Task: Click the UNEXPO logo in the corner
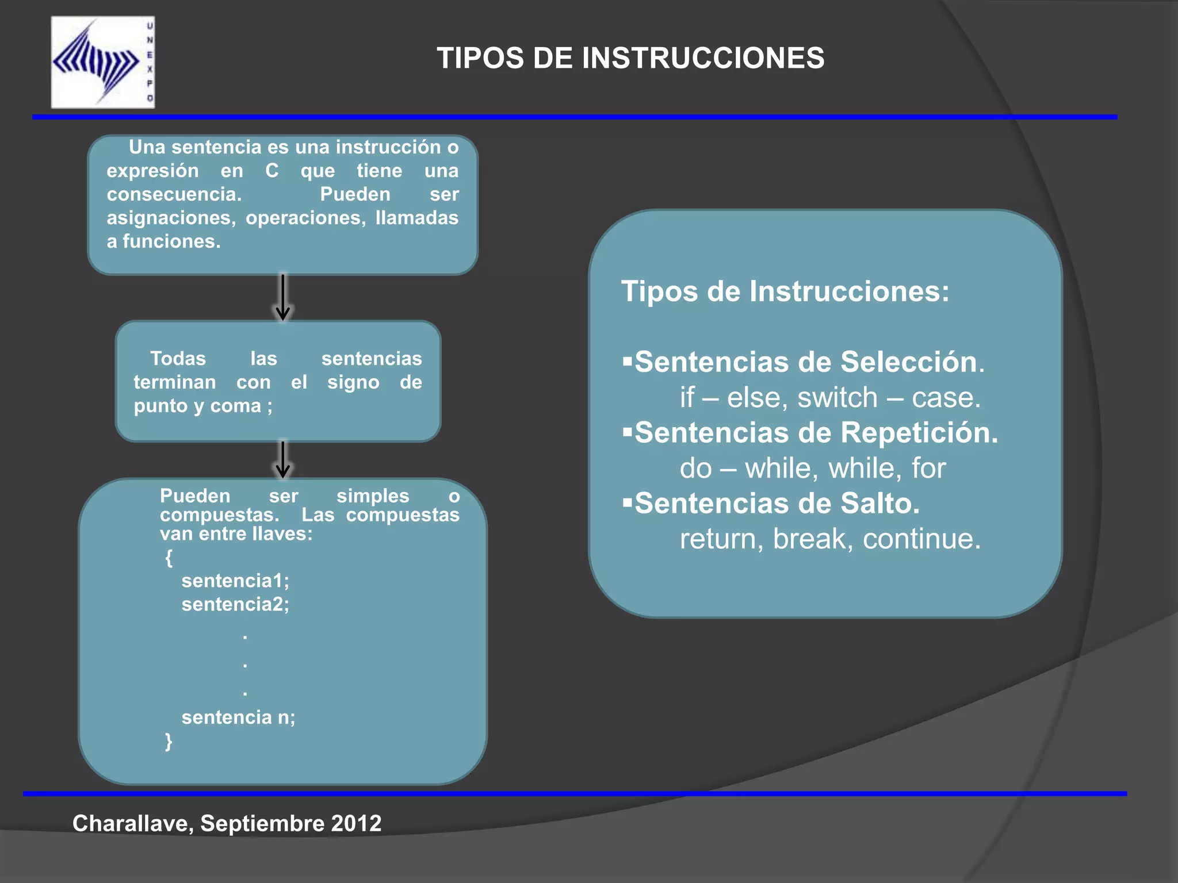102,62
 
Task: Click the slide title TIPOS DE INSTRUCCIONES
630,58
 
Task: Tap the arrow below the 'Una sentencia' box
282,297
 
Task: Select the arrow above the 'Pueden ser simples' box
282,459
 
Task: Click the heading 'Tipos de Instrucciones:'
785,291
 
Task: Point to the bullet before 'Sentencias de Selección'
627,362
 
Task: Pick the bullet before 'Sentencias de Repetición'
627,432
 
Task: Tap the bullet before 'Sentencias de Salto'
627,503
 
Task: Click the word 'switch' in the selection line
837,398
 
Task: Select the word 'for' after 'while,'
928,469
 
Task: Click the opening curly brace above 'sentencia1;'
169,558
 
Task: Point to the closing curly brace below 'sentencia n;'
169,741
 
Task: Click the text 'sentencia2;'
235,604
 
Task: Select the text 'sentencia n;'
238,717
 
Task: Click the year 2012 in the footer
356,823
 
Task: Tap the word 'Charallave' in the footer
133,824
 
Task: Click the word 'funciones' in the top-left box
171,241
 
